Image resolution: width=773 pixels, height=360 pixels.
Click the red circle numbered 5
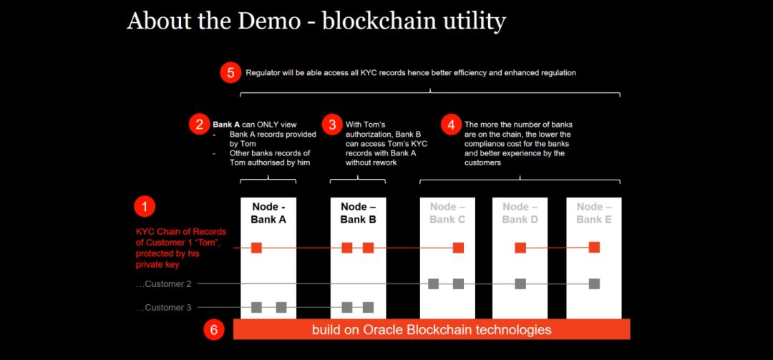[x=230, y=73]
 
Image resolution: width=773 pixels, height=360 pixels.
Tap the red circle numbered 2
[x=199, y=125]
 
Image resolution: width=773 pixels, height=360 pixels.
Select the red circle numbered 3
[x=332, y=125]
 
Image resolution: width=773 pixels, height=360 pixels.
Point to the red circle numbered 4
[x=451, y=125]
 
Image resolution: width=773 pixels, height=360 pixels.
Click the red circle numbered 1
[x=145, y=207]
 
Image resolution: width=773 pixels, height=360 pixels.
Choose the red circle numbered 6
[x=214, y=329]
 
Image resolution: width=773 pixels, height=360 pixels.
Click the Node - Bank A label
[x=268, y=213]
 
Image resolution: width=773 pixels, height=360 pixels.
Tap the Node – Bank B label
[x=358, y=213]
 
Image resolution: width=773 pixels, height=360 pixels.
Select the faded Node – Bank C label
[x=447, y=213]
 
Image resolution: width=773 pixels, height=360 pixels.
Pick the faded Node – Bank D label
[x=520, y=213]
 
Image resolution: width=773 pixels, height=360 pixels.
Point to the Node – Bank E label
[x=593, y=213]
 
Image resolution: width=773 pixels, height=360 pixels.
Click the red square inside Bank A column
[x=256, y=248]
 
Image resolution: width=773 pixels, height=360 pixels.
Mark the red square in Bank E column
[x=594, y=247]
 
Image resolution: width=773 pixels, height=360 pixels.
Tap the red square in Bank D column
[x=520, y=248]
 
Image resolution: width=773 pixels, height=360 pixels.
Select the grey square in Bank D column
[x=520, y=283]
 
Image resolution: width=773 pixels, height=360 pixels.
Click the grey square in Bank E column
[x=594, y=283]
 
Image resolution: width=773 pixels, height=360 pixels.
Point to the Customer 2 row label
[x=163, y=284]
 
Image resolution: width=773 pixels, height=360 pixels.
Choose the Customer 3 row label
[x=163, y=308]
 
